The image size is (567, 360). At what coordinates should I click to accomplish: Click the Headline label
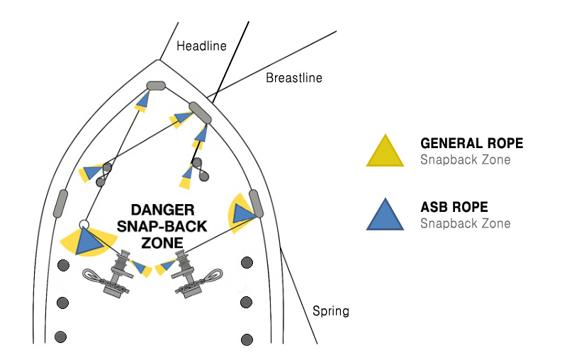[x=201, y=46]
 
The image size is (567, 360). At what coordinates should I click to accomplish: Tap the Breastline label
[x=293, y=78]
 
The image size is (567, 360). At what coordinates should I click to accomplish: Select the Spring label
[x=331, y=311]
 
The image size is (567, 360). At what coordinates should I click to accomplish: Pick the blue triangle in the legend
[x=385, y=214]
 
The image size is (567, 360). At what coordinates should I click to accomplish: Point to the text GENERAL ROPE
[x=471, y=144]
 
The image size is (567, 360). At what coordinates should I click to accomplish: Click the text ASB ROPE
[x=454, y=208]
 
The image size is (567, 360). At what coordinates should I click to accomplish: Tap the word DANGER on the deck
[x=162, y=210]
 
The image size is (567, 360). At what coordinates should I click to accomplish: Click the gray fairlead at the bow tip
[x=155, y=86]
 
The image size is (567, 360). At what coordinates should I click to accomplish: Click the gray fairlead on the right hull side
[x=256, y=204]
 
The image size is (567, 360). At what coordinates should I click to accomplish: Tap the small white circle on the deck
[x=84, y=225]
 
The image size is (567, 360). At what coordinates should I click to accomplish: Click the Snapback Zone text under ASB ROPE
[x=465, y=223]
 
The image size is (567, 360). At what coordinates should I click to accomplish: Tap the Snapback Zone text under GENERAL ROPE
[x=465, y=159]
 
